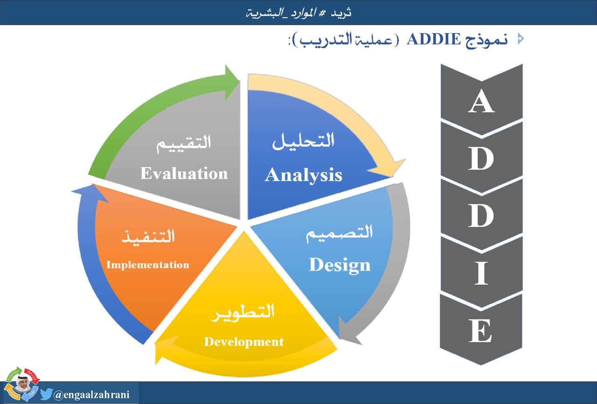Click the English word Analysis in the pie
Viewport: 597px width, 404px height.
click(x=304, y=175)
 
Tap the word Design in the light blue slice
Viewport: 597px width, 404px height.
click(x=340, y=265)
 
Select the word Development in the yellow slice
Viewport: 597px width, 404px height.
click(x=243, y=341)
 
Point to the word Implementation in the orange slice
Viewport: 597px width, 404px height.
click(x=147, y=265)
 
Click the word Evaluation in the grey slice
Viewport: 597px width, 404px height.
click(x=184, y=174)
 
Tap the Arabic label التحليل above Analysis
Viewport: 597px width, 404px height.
click(x=304, y=141)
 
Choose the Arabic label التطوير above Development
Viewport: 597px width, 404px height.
click(x=243, y=312)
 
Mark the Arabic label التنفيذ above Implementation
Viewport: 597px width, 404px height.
click(x=148, y=236)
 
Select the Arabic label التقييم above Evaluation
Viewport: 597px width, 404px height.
click(x=184, y=142)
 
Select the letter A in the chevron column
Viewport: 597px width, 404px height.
click(x=481, y=102)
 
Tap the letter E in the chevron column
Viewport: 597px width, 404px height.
click(x=481, y=331)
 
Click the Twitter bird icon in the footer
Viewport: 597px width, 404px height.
click(x=46, y=395)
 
